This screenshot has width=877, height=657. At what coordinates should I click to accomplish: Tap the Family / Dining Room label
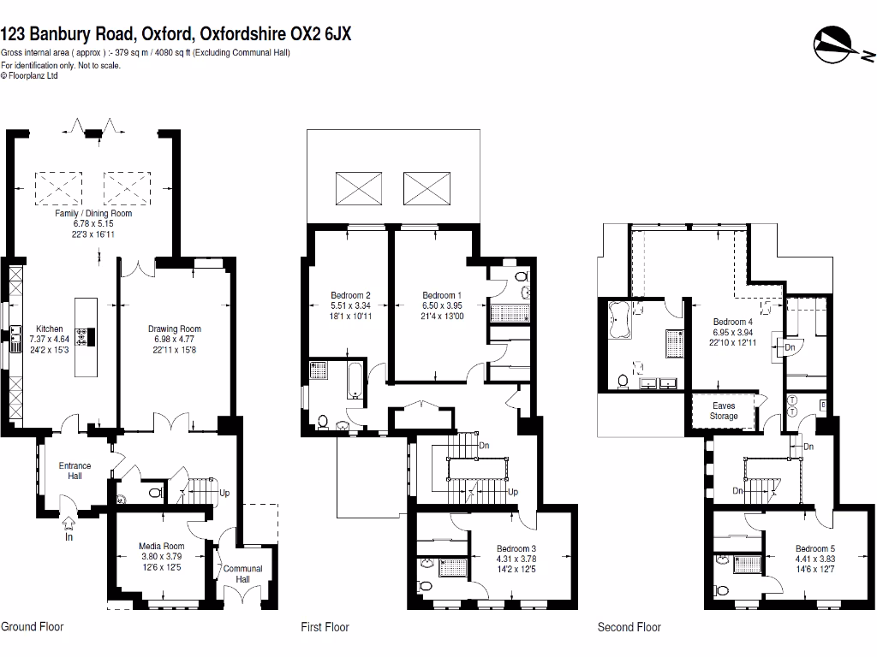pyautogui.click(x=93, y=213)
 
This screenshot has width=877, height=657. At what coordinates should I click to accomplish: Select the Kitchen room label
pyautogui.click(x=49, y=328)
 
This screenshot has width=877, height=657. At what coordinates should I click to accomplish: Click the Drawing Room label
pyautogui.click(x=174, y=328)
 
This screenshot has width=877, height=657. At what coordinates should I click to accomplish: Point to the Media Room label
pyautogui.click(x=162, y=546)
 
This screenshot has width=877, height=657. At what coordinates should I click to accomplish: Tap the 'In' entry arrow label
pyautogui.click(x=69, y=537)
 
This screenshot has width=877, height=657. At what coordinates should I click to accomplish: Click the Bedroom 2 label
pyautogui.click(x=350, y=296)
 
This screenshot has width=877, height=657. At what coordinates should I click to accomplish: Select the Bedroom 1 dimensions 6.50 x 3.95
pyautogui.click(x=441, y=306)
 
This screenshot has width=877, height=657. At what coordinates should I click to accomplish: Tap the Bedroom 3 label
pyautogui.click(x=516, y=548)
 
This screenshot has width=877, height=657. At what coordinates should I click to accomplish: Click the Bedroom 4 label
pyautogui.click(x=733, y=322)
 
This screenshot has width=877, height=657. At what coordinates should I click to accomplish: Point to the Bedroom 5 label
pyautogui.click(x=814, y=548)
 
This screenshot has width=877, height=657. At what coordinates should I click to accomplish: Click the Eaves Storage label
pyautogui.click(x=724, y=411)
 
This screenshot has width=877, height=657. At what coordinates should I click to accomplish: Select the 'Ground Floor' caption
pyautogui.click(x=32, y=627)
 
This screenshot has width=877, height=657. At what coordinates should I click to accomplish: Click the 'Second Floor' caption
pyautogui.click(x=629, y=627)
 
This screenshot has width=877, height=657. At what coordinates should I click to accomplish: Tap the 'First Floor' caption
pyautogui.click(x=325, y=627)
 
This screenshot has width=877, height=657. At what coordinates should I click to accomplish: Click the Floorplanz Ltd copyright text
pyautogui.click(x=30, y=75)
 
